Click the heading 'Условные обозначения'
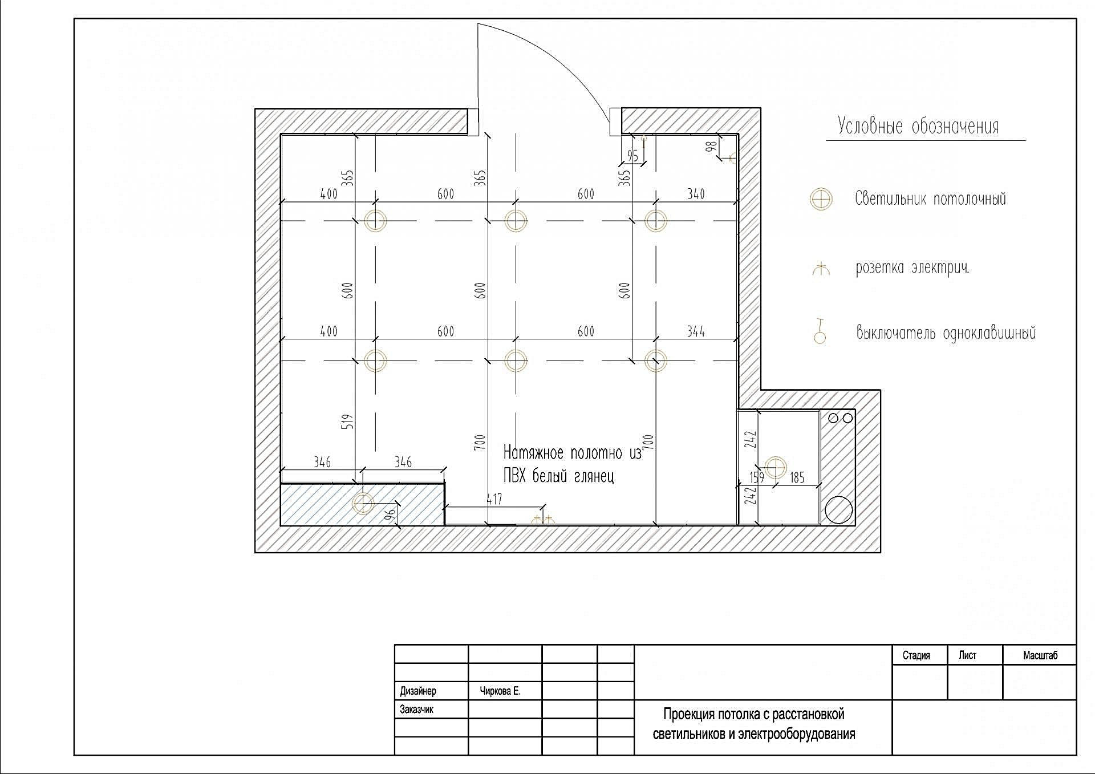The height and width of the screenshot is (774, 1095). click(x=918, y=126)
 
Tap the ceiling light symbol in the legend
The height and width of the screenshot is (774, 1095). click(x=821, y=199)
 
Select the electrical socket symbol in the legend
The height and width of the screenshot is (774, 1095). click(x=821, y=269)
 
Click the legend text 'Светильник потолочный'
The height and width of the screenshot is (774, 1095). click(x=930, y=199)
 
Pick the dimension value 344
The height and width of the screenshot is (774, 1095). click(x=696, y=331)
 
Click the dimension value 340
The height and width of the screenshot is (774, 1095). click(x=696, y=194)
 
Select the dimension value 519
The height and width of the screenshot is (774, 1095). click(x=347, y=422)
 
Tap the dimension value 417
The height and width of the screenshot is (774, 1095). click(x=494, y=499)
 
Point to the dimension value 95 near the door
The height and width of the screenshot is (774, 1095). click(x=632, y=156)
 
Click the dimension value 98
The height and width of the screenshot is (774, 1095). click(x=711, y=147)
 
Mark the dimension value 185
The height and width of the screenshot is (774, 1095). click(x=797, y=477)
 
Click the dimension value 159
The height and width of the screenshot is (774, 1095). click(x=757, y=477)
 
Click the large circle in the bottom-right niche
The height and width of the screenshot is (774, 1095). click(x=839, y=510)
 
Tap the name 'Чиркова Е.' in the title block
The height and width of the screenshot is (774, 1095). click(x=500, y=691)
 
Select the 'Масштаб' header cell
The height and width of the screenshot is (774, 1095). click(x=1040, y=655)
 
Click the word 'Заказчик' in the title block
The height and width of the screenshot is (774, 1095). click(x=416, y=710)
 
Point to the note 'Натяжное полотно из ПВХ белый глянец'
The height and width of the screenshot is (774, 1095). click(x=572, y=464)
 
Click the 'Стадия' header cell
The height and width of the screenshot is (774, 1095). click(x=916, y=655)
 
